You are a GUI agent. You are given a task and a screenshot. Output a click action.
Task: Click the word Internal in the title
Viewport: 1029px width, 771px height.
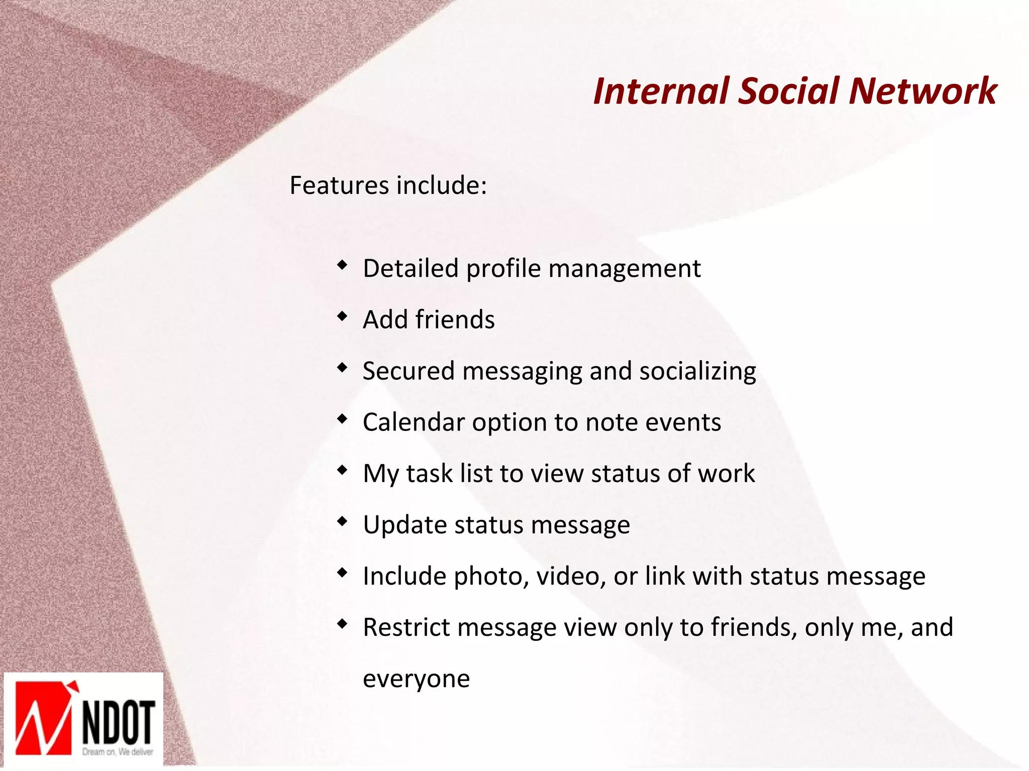pyautogui.click(x=660, y=91)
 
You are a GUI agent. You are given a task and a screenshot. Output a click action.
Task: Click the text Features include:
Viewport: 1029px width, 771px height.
pyautogui.click(x=388, y=185)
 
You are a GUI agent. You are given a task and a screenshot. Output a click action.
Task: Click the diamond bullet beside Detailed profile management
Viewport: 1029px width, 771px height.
pyautogui.click(x=342, y=265)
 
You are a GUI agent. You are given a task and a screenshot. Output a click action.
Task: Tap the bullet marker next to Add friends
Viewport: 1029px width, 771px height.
pyautogui.click(x=342, y=316)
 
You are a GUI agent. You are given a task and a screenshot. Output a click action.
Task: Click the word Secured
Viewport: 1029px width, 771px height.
pyautogui.click(x=408, y=371)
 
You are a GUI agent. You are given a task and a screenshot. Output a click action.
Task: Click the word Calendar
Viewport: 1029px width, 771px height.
pyautogui.click(x=414, y=422)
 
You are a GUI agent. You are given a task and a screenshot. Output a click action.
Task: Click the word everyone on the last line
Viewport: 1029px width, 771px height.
pyautogui.click(x=416, y=679)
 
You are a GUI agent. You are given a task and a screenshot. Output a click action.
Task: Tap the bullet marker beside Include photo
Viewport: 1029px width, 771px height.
pyautogui.click(x=342, y=572)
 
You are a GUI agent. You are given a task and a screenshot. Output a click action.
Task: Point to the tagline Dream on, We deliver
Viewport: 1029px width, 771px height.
pyautogui.click(x=118, y=752)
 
